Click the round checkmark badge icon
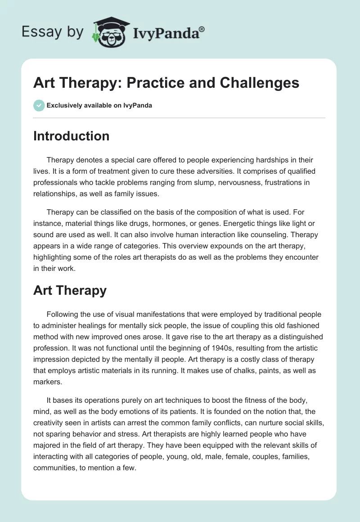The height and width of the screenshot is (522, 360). [x=39, y=105]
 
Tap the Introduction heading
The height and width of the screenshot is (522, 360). [x=71, y=136]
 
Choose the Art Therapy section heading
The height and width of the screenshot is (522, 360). [x=70, y=290]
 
